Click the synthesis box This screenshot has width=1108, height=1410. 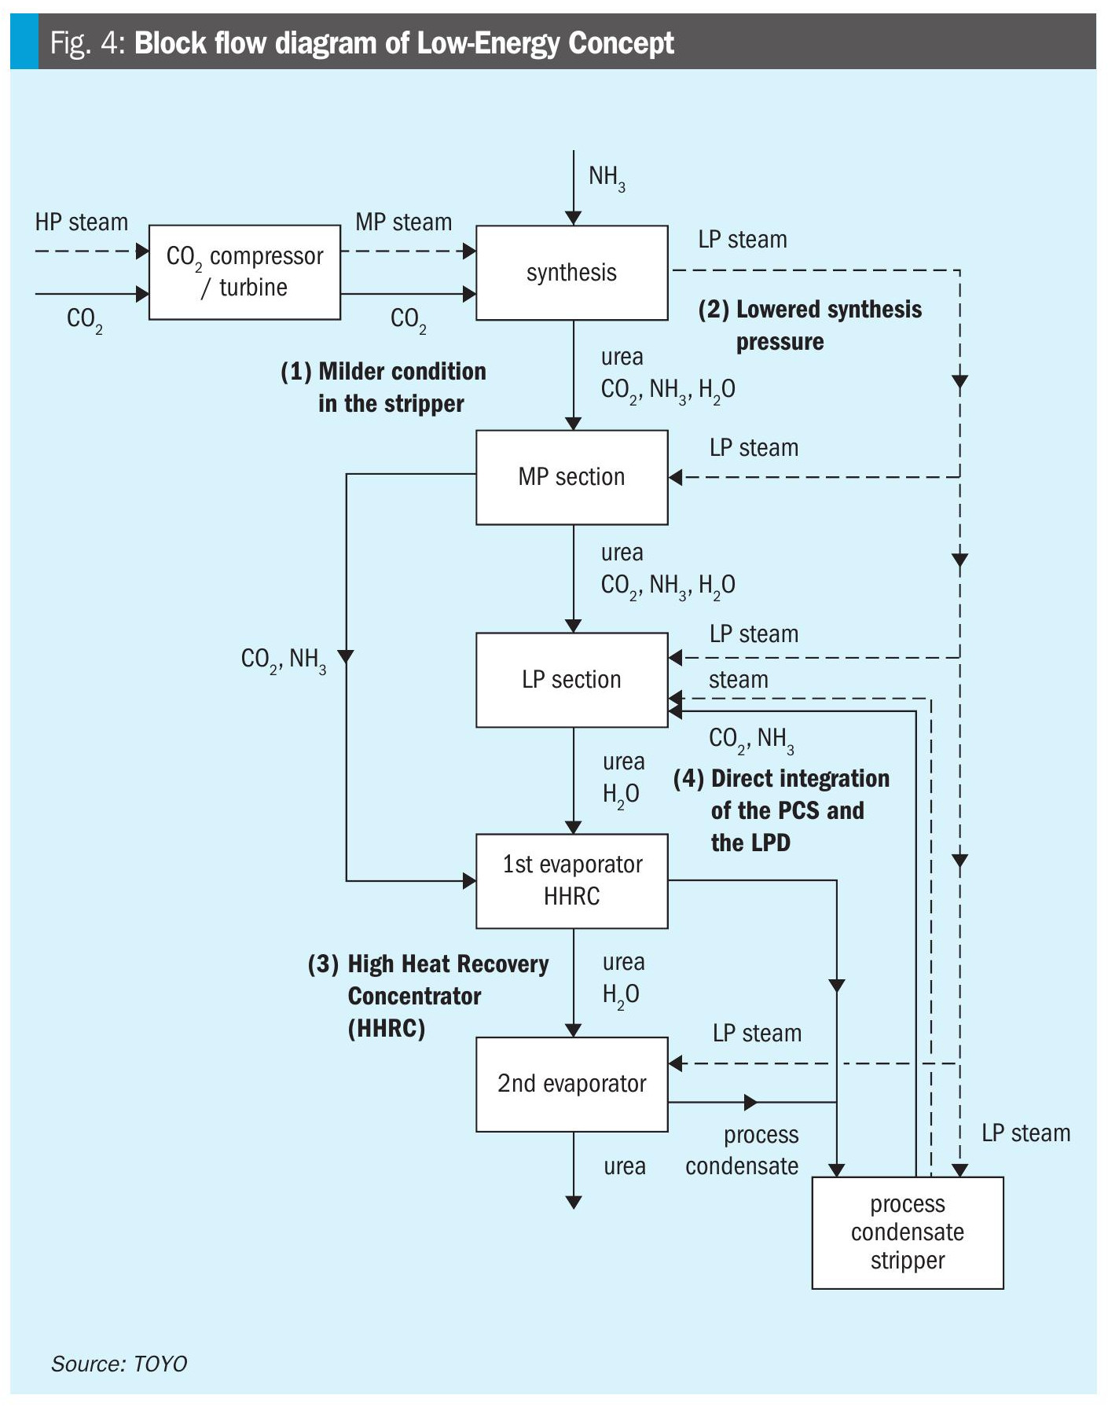click(571, 273)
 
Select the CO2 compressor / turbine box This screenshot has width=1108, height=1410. click(244, 272)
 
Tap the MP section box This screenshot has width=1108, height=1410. click(571, 477)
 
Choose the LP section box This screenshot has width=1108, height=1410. click(571, 680)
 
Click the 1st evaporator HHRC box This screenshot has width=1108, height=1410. click(571, 881)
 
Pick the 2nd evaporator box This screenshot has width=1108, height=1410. click(571, 1084)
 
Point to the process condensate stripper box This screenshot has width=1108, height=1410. click(907, 1232)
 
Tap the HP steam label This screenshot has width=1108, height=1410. click(81, 222)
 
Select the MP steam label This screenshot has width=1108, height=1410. click(403, 222)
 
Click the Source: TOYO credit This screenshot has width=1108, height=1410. click(119, 1364)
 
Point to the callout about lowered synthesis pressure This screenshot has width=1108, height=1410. click(809, 325)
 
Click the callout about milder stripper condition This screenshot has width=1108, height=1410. click(383, 387)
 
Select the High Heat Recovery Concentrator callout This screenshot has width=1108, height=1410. click(428, 996)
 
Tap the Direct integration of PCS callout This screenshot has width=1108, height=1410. click(782, 810)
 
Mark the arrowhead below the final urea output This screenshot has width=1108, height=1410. click(574, 1202)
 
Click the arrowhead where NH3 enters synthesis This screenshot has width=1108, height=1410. click(574, 218)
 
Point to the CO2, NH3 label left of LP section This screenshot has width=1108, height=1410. click(283, 659)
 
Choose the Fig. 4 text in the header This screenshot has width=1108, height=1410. click(87, 43)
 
